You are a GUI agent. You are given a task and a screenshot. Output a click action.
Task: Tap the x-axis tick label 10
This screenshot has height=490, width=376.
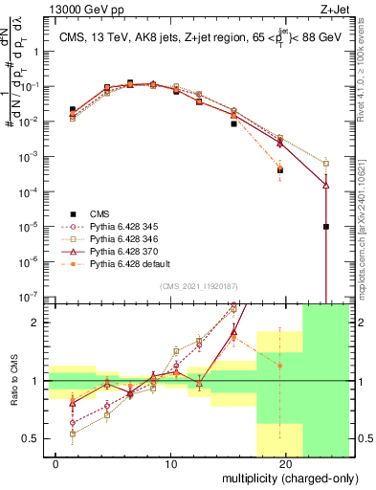click(x=170, y=464)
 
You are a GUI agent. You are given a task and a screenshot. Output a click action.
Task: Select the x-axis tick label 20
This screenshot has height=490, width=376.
click(x=286, y=464)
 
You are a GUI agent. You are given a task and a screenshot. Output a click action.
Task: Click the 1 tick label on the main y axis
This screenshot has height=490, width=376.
click(x=35, y=54)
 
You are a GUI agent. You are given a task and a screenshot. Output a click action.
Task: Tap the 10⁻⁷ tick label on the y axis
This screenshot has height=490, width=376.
click(x=30, y=297)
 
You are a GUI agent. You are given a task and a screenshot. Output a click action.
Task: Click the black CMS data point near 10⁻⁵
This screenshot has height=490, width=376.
click(x=326, y=227)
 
